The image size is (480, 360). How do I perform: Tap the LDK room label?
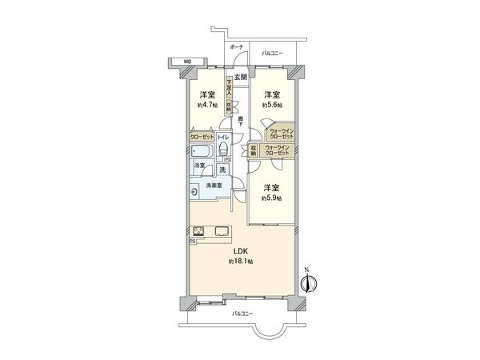click(x=240, y=250)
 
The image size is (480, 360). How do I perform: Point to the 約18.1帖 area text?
click(x=240, y=262)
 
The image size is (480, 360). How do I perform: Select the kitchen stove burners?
click(x=199, y=233)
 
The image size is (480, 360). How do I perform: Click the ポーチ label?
click(x=236, y=48)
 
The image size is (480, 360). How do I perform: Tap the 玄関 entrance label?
click(x=241, y=78)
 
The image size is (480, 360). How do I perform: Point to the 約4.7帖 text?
click(x=208, y=104)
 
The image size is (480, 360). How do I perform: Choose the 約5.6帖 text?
click(x=272, y=104)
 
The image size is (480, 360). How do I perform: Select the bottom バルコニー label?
click(x=243, y=314)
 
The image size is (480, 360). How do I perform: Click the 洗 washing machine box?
click(x=223, y=170)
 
